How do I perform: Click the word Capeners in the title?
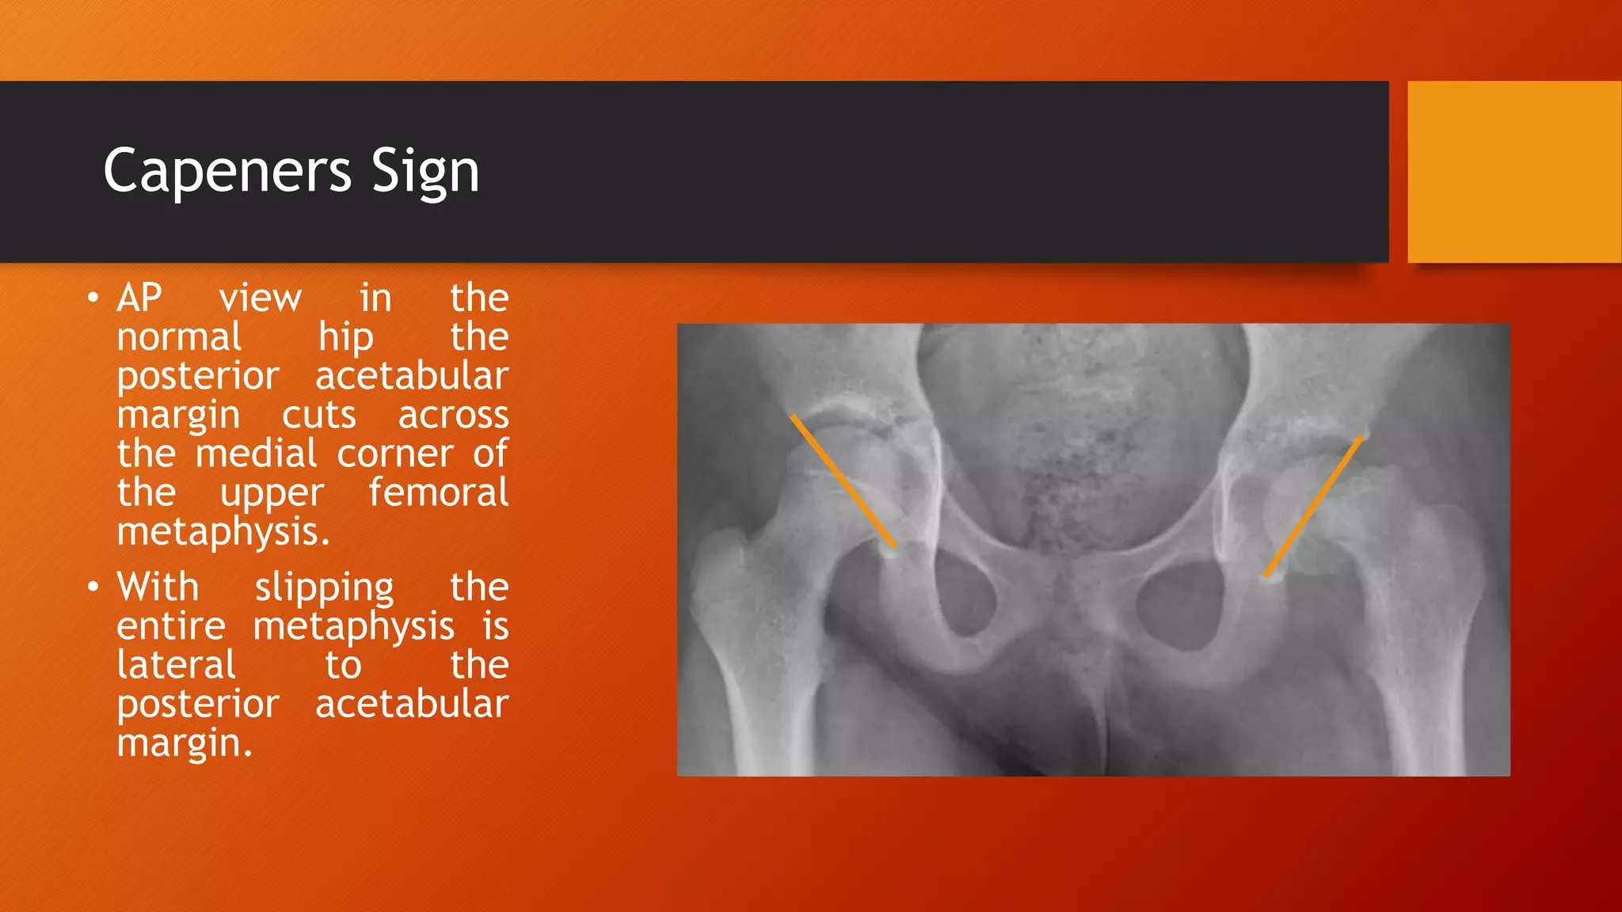(x=227, y=170)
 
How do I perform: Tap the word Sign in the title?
(x=425, y=172)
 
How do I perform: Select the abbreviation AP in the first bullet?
(x=139, y=298)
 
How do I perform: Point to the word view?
(x=260, y=298)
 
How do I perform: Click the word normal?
(x=179, y=337)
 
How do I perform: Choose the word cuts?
(x=319, y=415)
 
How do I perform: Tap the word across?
(x=453, y=415)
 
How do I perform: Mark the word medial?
(x=257, y=454)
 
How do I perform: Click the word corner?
(x=395, y=454)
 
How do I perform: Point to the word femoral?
(x=438, y=492)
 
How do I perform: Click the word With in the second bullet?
(x=158, y=587)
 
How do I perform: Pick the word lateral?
(x=176, y=665)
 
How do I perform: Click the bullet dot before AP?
(x=93, y=299)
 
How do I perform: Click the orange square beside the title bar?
(x=1513, y=172)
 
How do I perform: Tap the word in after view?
(x=375, y=298)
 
